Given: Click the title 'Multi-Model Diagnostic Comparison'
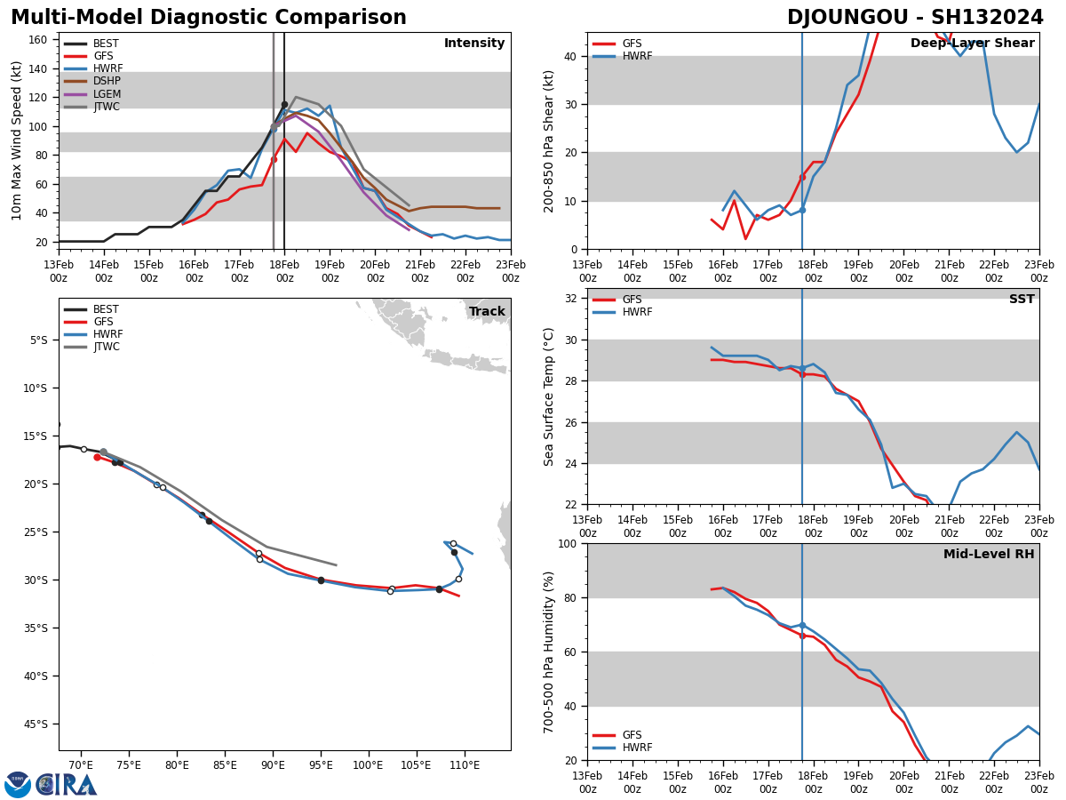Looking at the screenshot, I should pyautogui.click(x=209, y=18).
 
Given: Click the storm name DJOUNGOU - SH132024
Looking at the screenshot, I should pyautogui.click(x=915, y=18).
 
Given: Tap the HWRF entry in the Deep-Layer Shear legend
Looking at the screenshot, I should pyautogui.click(x=636, y=56).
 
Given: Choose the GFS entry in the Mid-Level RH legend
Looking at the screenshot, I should pyautogui.click(x=632, y=735).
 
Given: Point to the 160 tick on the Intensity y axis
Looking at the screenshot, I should pyautogui.click(x=38, y=40).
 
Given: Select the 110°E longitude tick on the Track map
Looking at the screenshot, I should pyautogui.click(x=465, y=764).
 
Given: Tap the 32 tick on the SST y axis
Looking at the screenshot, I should pyautogui.click(x=572, y=299).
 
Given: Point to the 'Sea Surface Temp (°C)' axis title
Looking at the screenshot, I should pyautogui.click(x=549, y=396).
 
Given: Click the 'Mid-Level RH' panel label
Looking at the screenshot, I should pyautogui.click(x=989, y=555).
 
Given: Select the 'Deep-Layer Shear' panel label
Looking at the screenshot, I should pyautogui.click(x=972, y=44).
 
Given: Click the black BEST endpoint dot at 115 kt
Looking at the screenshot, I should pyautogui.click(x=284, y=104).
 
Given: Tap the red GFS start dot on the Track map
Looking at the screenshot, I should pyautogui.click(x=97, y=457).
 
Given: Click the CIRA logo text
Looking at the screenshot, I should pyautogui.click(x=67, y=785).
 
